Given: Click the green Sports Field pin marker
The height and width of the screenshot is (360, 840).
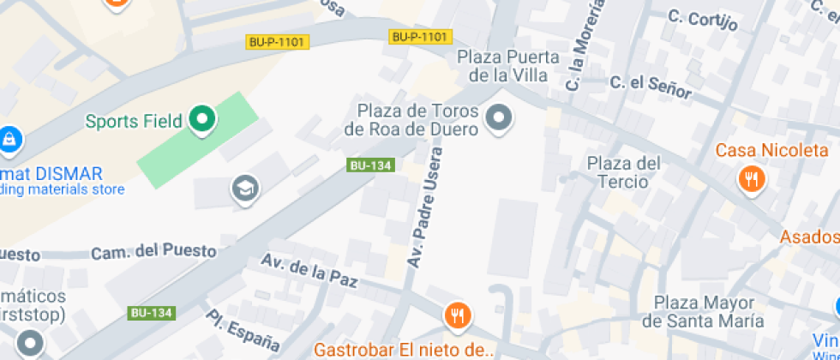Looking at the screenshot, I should (202, 120).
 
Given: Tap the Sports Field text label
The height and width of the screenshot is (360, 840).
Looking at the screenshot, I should (134, 121).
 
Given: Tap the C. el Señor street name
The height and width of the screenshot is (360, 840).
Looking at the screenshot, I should (651, 85).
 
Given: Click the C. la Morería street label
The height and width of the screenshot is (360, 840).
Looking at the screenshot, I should (585, 45).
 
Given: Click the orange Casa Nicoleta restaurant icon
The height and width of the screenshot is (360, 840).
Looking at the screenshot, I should (752, 178).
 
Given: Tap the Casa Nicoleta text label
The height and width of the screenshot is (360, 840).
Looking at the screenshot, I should (771, 151).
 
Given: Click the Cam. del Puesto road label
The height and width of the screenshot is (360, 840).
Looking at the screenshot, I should (153, 251).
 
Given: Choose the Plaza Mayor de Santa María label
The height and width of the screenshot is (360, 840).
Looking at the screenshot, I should (703, 312).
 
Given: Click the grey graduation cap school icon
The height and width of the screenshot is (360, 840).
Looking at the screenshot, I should (245, 189).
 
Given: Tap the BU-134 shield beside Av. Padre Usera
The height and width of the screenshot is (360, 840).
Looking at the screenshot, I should (371, 165).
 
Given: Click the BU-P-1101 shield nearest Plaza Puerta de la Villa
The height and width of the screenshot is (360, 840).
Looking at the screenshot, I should (420, 37).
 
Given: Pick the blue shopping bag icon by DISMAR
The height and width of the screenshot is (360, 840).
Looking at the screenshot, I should (9, 138).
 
